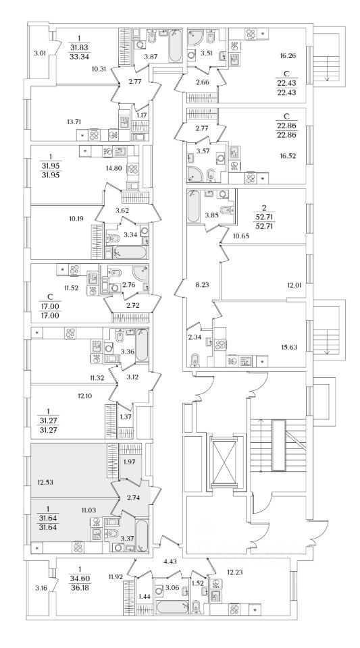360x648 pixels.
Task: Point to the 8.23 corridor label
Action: [x=200, y=285]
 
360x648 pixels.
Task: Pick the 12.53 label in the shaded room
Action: [x=44, y=481]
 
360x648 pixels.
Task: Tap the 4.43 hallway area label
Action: [x=170, y=562]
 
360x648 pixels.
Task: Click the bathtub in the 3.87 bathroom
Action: [x=175, y=45]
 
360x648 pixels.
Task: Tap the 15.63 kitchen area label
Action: [x=290, y=347]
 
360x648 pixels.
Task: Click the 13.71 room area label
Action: [x=73, y=122]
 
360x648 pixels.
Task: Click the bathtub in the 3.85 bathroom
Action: [x=193, y=206]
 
